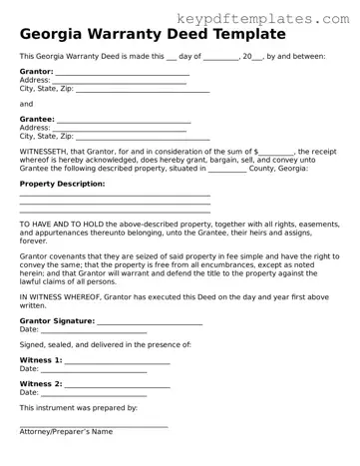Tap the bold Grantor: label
pyautogui.click(x=36, y=73)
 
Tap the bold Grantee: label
pyautogui.click(x=37, y=119)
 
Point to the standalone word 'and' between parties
pyautogui.click(x=26, y=103)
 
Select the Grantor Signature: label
pyautogui.click(x=57, y=321)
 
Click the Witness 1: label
pyautogui.click(x=41, y=359)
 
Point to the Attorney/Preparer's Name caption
pyautogui.click(x=66, y=431)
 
